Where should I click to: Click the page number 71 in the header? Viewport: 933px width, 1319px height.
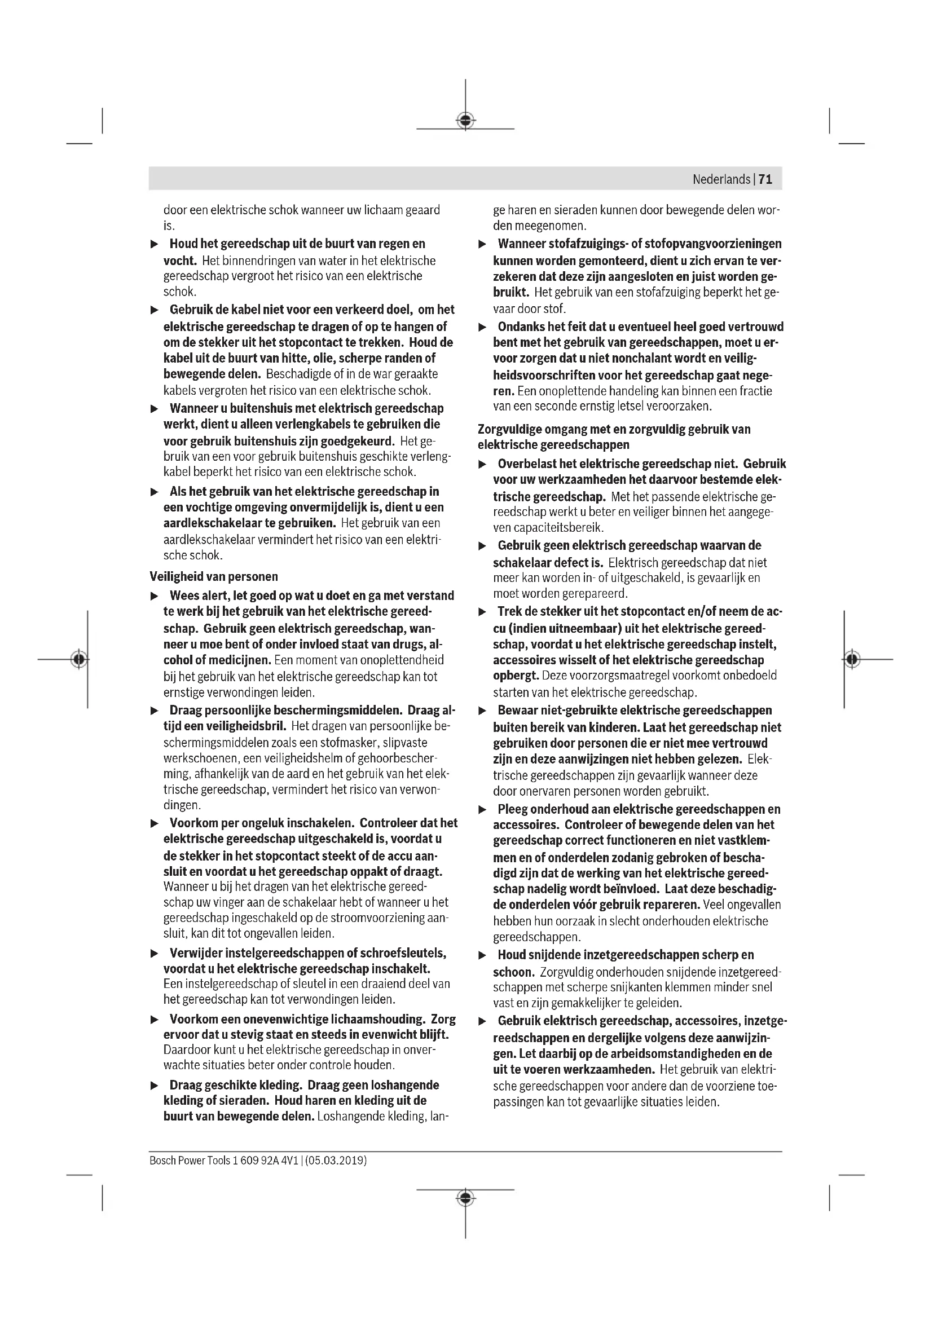pyautogui.click(x=765, y=179)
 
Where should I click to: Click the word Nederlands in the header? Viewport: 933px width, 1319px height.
pyautogui.click(x=721, y=179)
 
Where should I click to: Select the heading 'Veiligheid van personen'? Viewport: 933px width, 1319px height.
pyautogui.click(x=214, y=576)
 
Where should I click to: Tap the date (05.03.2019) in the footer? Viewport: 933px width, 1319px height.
pyautogui.click(x=336, y=1160)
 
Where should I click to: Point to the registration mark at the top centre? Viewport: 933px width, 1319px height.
pyautogui.click(x=465, y=121)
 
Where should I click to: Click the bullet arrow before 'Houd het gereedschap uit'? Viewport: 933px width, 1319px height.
pyautogui.click(x=154, y=245)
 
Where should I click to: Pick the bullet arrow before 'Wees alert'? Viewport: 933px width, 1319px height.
pyautogui.click(x=154, y=596)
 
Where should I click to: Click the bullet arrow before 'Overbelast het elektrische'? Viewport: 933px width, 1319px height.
pyautogui.click(x=483, y=464)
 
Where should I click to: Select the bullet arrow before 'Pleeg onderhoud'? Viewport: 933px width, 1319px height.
pyautogui.click(x=483, y=810)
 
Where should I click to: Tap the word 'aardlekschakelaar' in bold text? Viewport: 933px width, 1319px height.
pyautogui.click(x=212, y=523)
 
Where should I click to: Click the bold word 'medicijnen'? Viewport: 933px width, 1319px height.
pyautogui.click(x=241, y=660)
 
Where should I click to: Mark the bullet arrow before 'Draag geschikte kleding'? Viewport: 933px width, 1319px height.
pyautogui.click(x=154, y=1086)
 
